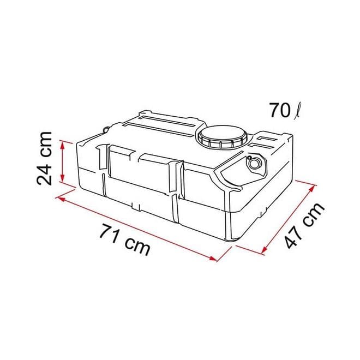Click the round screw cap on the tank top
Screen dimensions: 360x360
click(223, 136)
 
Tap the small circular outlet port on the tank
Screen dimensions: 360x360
click(254, 163)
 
